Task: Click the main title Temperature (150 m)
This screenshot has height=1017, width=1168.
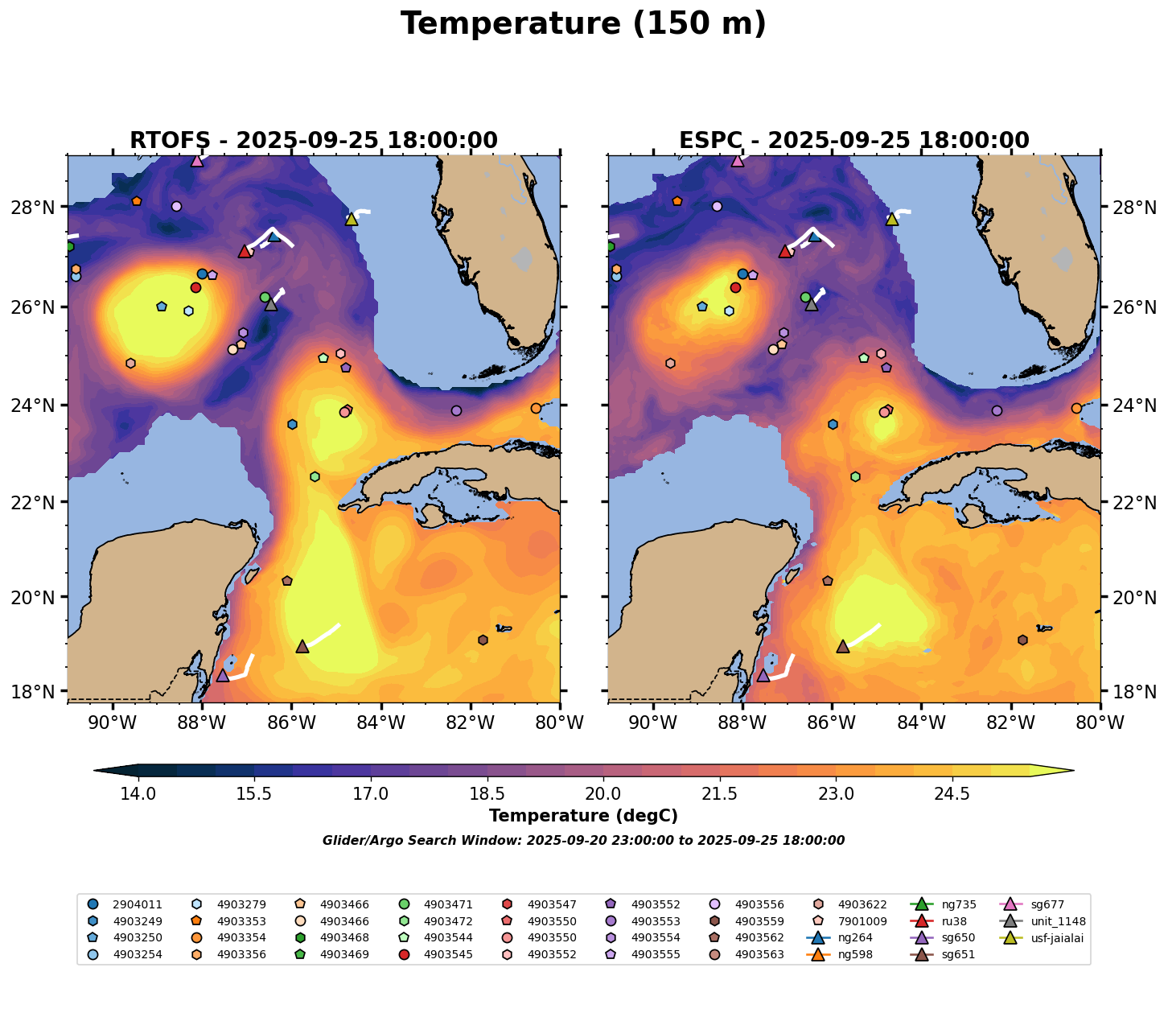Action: point(583,24)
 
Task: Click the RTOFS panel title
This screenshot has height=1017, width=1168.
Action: point(314,141)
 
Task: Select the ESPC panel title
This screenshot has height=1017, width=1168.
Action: point(853,141)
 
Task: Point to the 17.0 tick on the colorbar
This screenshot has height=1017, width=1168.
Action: point(371,794)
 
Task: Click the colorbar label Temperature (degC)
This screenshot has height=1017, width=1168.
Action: point(583,816)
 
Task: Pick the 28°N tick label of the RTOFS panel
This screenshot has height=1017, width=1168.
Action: point(36,208)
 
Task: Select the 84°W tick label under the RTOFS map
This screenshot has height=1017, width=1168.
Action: point(380,723)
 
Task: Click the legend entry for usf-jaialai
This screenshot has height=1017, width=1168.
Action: point(1047,938)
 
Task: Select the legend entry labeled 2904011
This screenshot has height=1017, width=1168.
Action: point(137,904)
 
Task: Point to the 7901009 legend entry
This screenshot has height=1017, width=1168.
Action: point(862,921)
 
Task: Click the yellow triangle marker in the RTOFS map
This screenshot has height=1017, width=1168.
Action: point(351,219)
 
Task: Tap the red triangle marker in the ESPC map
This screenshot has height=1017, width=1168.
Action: point(785,251)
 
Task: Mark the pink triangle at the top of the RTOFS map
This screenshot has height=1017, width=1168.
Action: point(197,160)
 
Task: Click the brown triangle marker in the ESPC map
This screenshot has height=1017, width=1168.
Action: point(843,646)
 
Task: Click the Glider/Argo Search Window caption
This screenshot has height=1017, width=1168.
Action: point(583,841)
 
